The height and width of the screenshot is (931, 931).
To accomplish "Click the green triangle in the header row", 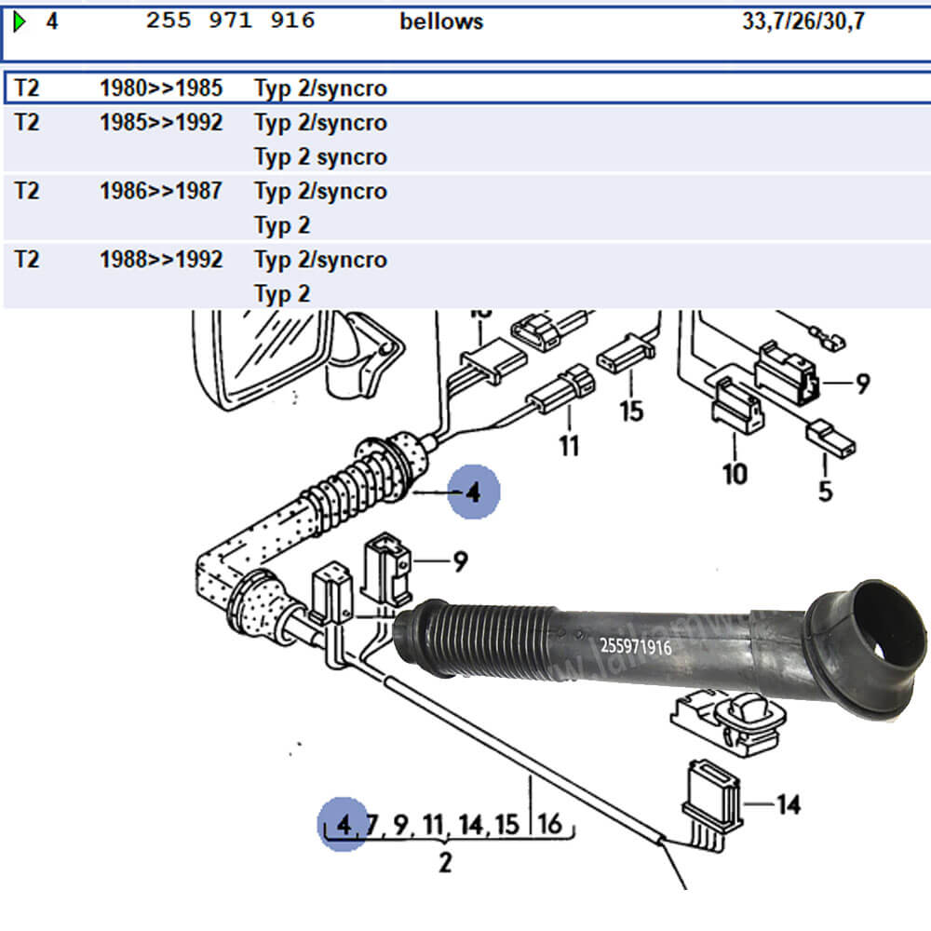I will coord(20,21).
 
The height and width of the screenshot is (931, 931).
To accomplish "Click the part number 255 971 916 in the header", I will coord(230,20).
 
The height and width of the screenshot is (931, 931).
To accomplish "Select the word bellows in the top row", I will coord(441,21).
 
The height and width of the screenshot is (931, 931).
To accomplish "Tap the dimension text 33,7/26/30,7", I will coord(803,21).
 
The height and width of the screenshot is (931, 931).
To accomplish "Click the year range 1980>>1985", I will coord(161,88).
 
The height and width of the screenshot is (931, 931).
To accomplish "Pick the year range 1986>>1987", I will coord(161,191).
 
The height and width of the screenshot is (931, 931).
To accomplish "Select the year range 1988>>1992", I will coord(161,259).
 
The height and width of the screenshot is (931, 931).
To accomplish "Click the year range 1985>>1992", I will coord(161,123).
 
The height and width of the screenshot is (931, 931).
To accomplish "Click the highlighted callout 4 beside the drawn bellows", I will coord(473,491).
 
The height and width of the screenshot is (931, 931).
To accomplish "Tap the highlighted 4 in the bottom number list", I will coord(345,824).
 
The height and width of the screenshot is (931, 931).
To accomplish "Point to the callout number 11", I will coord(568,445).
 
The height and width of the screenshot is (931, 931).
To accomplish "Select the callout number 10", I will coord(735,473).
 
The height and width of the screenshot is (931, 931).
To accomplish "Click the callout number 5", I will coord(825,491).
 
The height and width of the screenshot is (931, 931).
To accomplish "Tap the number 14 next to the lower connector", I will coord(788,804).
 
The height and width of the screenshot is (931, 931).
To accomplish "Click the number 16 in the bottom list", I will coord(549,824).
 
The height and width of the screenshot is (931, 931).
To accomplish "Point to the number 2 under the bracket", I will coord(445,862).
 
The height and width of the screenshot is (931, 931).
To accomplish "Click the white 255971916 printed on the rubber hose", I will coord(636,646).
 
